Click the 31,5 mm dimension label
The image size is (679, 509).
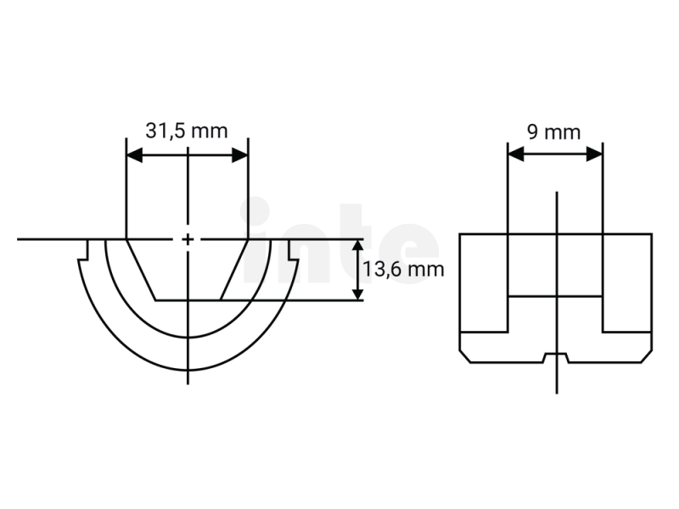point(186,131)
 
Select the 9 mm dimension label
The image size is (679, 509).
point(554,132)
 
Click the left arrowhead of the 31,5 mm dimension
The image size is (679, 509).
point(134,155)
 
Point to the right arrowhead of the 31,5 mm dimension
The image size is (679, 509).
point(240,155)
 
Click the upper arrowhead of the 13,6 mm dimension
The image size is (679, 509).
point(357,248)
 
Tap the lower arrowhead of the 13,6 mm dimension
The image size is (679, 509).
point(357,292)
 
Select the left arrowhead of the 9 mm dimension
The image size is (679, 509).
point(516,154)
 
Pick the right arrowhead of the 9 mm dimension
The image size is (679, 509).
point(595,154)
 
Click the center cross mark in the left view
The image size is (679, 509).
point(188,239)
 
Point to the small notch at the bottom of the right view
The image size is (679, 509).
point(556,357)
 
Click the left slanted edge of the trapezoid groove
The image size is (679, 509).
point(141,269)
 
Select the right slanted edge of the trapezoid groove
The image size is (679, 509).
point(234,269)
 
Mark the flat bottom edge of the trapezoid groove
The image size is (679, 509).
point(188,299)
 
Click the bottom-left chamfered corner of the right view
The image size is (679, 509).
point(464,356)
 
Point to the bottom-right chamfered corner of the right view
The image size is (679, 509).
point(647,356)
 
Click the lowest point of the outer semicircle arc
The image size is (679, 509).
point(188,370)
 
